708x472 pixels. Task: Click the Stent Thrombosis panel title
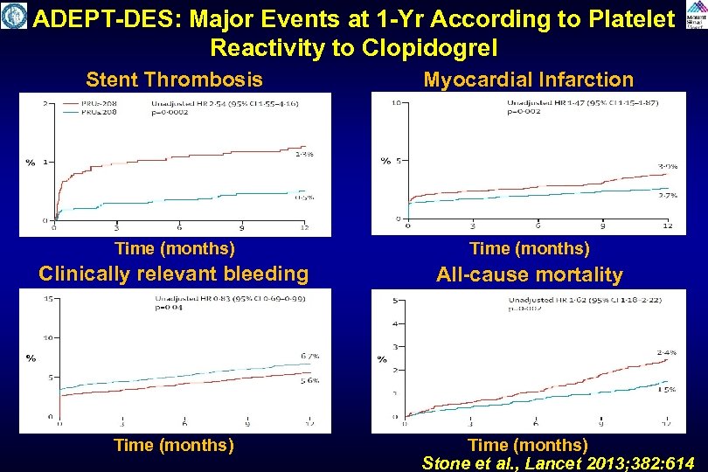[x=174, y=80]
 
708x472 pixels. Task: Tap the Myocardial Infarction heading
[x=528, y=80]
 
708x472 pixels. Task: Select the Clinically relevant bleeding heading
[x=174, y=274]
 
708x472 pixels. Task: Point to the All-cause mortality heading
[x=530, y=274]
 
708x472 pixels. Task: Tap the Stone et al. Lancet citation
[x=559, y=463]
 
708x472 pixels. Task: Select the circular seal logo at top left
[x=14, y=16]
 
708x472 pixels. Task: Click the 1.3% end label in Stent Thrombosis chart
[x=303, y=155]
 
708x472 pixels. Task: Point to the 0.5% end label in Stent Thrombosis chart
[x=303, y=197]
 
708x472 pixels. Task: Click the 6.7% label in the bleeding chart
[x=309, y=356]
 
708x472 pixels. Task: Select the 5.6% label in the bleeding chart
[x=309, y=380]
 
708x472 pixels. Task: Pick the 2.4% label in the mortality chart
[x=666, y=352]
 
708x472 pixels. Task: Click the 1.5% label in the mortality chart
[x=666, y=391]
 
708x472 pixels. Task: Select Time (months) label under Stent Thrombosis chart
[x=174, y=248]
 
